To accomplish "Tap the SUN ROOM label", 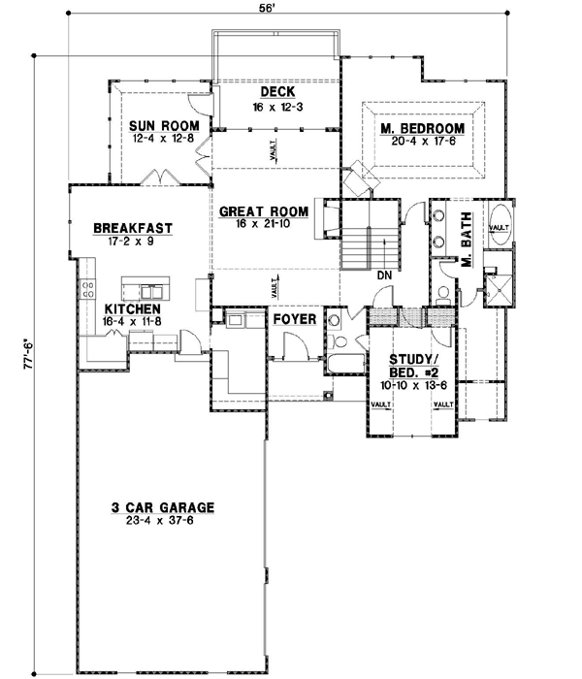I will (x=165, y=127).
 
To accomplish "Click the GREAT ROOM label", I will (x=263, y=210).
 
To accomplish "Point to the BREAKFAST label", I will (x=133, y=229).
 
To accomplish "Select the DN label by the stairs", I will (x=385, y=275).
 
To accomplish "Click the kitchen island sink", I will (x=150, y=290).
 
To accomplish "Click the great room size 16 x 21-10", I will (x=264, y=223).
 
